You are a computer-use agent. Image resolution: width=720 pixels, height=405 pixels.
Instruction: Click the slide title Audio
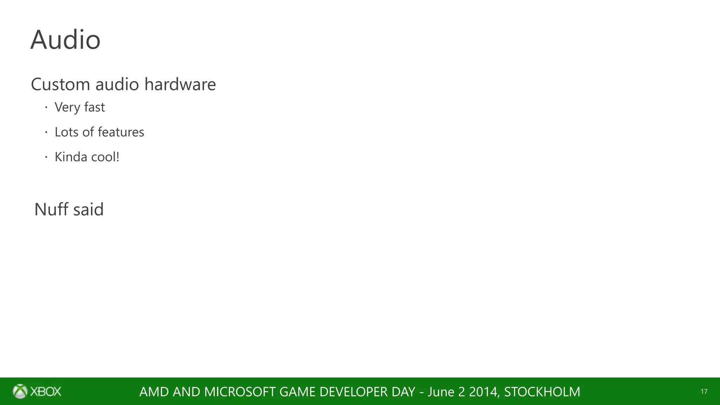pos(65,40)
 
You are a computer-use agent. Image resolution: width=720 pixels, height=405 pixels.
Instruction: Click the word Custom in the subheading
pos(60,84)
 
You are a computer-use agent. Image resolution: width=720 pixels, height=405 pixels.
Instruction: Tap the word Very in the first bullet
pos(67,107)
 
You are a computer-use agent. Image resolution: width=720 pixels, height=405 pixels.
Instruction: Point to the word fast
pos(94,107)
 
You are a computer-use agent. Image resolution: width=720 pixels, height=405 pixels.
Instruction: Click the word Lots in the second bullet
pos(66,132)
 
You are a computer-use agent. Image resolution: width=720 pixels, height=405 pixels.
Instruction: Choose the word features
pos(121,132)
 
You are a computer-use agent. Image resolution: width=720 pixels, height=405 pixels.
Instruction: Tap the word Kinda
pos(71,157)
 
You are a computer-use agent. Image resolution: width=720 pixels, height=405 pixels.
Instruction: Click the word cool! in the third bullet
pos(105,157)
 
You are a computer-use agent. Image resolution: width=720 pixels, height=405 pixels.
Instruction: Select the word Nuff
pos(51,210)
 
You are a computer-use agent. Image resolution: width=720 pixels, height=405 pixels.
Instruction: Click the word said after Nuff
pos(88,210)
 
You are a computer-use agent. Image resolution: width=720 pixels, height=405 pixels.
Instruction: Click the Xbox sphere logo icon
pos(20,391)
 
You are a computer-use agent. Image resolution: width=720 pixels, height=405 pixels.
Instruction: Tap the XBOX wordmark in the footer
pos(46,391)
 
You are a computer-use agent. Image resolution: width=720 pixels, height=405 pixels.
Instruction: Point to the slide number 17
pos(704,392)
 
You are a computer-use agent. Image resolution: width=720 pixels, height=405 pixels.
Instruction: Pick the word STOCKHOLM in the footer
pos(542,392)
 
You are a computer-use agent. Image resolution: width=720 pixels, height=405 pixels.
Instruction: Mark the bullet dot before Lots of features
pos(46,132)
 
